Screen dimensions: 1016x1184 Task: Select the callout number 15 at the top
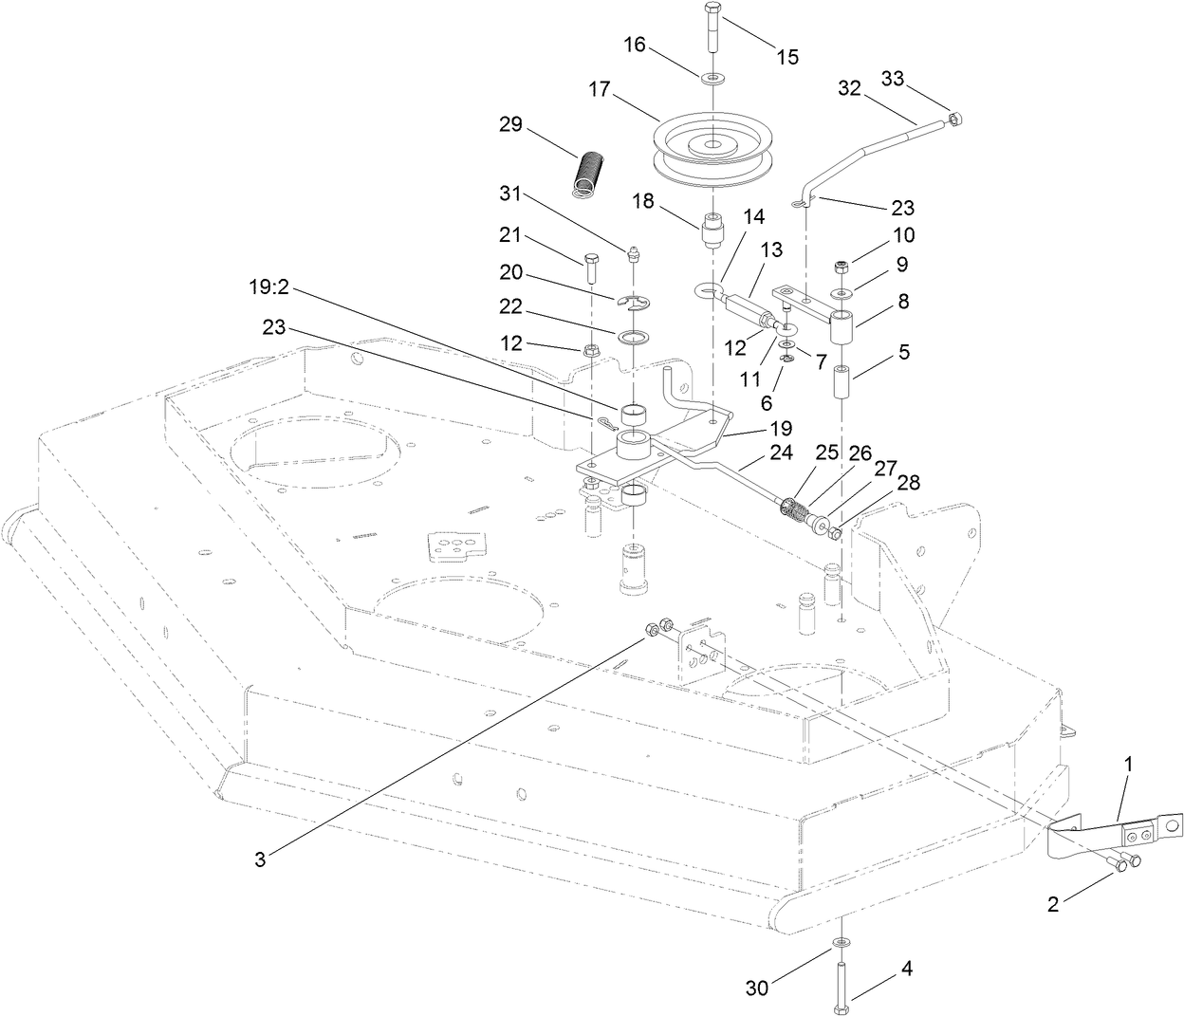click(x=787, y=57)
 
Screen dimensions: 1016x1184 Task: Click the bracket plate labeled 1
click(x=1115, y=833)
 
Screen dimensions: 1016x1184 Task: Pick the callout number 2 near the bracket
click(x=1053, y=904)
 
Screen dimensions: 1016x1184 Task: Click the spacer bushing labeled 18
click(x=712, y=231)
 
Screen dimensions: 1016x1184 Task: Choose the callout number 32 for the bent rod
click(x=849, y=88)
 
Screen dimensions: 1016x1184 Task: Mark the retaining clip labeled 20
click(x=633, y=303)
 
